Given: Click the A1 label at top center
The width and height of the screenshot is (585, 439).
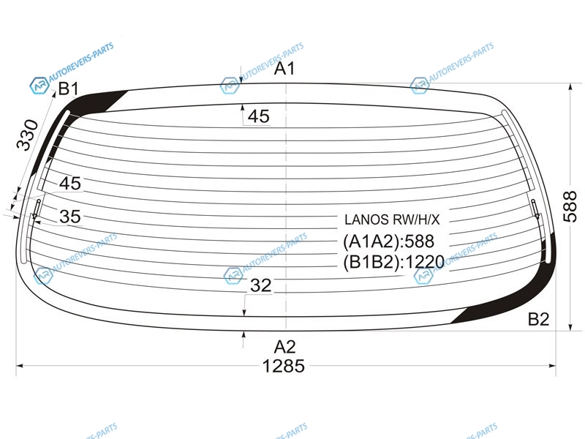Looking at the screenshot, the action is point(284,68).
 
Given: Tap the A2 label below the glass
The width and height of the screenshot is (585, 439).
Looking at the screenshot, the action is point(284,347).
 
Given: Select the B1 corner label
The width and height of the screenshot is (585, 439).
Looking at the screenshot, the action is point(69,89).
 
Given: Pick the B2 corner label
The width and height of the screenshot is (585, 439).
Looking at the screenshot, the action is point(539,319).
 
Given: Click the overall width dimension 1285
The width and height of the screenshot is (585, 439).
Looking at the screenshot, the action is point(284,366).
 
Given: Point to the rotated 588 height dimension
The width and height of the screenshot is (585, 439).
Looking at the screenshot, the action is point(570,206).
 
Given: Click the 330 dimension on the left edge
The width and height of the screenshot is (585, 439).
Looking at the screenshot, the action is point(27,135).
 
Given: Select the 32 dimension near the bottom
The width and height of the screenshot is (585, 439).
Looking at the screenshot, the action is point(260,285).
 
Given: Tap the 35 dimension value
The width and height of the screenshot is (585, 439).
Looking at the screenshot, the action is point(70,217).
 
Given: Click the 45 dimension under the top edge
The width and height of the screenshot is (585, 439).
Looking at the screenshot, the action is point(259,116).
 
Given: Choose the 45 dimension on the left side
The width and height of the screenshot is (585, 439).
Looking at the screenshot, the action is point(70,184).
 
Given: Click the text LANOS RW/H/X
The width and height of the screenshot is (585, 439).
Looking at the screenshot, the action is point(392,219).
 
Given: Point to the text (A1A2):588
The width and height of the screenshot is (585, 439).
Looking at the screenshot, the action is point(388,241).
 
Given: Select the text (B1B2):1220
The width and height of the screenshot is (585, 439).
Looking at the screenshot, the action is point(393,262).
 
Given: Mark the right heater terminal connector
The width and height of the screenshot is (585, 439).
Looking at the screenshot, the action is point(535,209).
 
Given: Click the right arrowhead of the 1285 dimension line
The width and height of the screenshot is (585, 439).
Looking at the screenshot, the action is point(553,366).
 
